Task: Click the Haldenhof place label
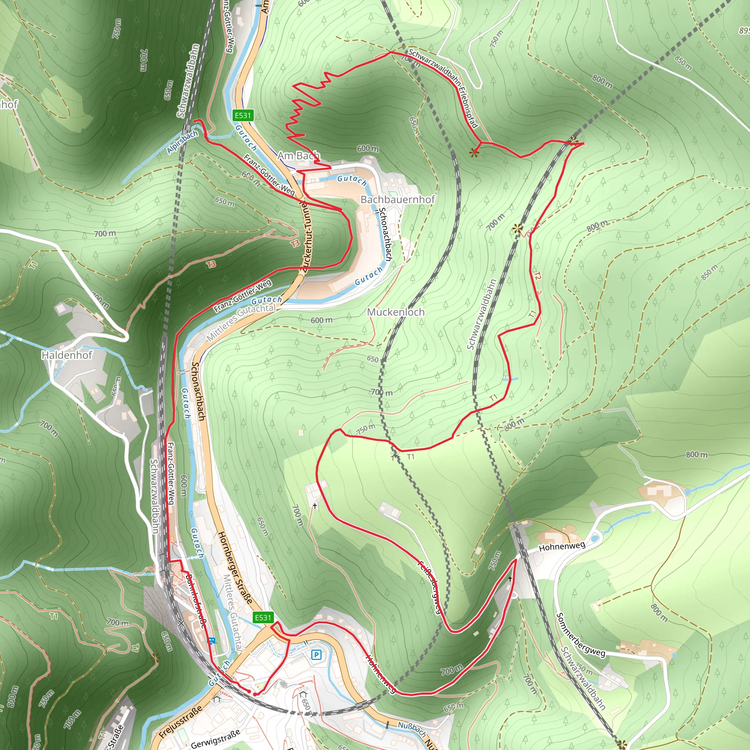tap(67, 355)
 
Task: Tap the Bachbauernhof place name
tap(397, 199)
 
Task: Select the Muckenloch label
tap(396, 312)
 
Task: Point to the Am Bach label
tap(298, 156)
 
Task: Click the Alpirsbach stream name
tap(182, 142)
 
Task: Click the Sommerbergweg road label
tap(580, 635)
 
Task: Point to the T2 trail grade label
tap(537, 276)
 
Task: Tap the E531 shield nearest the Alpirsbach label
tap(243, 115)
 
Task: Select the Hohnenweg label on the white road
tap(562, 547)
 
